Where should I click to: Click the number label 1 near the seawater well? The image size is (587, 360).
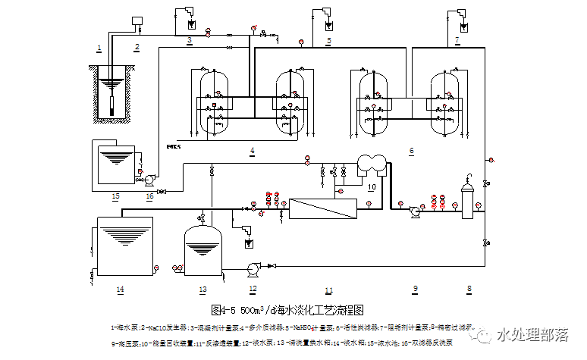(99, 48)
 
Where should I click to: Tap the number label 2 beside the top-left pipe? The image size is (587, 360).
(137, 48)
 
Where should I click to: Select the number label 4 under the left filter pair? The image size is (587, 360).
(252, 152)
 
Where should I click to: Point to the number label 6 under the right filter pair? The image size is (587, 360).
(412, 152)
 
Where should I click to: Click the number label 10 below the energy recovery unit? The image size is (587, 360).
(372, 185)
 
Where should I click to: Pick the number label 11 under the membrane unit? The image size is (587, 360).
(328, 290)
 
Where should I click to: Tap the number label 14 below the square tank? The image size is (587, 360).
(120, 290)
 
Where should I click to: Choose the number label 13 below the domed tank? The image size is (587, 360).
(202, 290)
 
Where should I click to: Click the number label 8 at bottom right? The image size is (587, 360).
(469, 289)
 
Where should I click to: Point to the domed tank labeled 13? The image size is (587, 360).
(202, 247)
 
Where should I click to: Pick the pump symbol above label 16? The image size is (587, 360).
(149, 180)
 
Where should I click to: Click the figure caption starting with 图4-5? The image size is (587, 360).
(287, 311)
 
